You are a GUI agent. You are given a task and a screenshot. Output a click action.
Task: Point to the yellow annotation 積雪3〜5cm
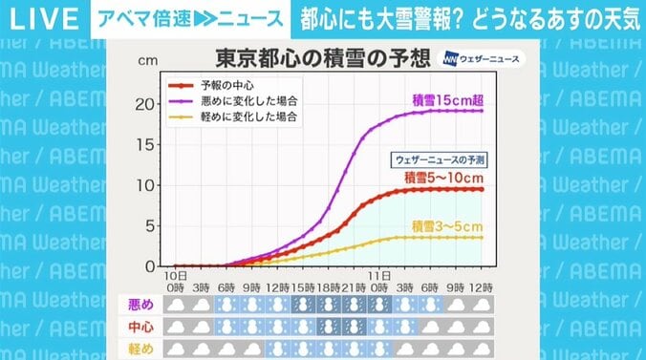pyautogui.click(x=446, y=225)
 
